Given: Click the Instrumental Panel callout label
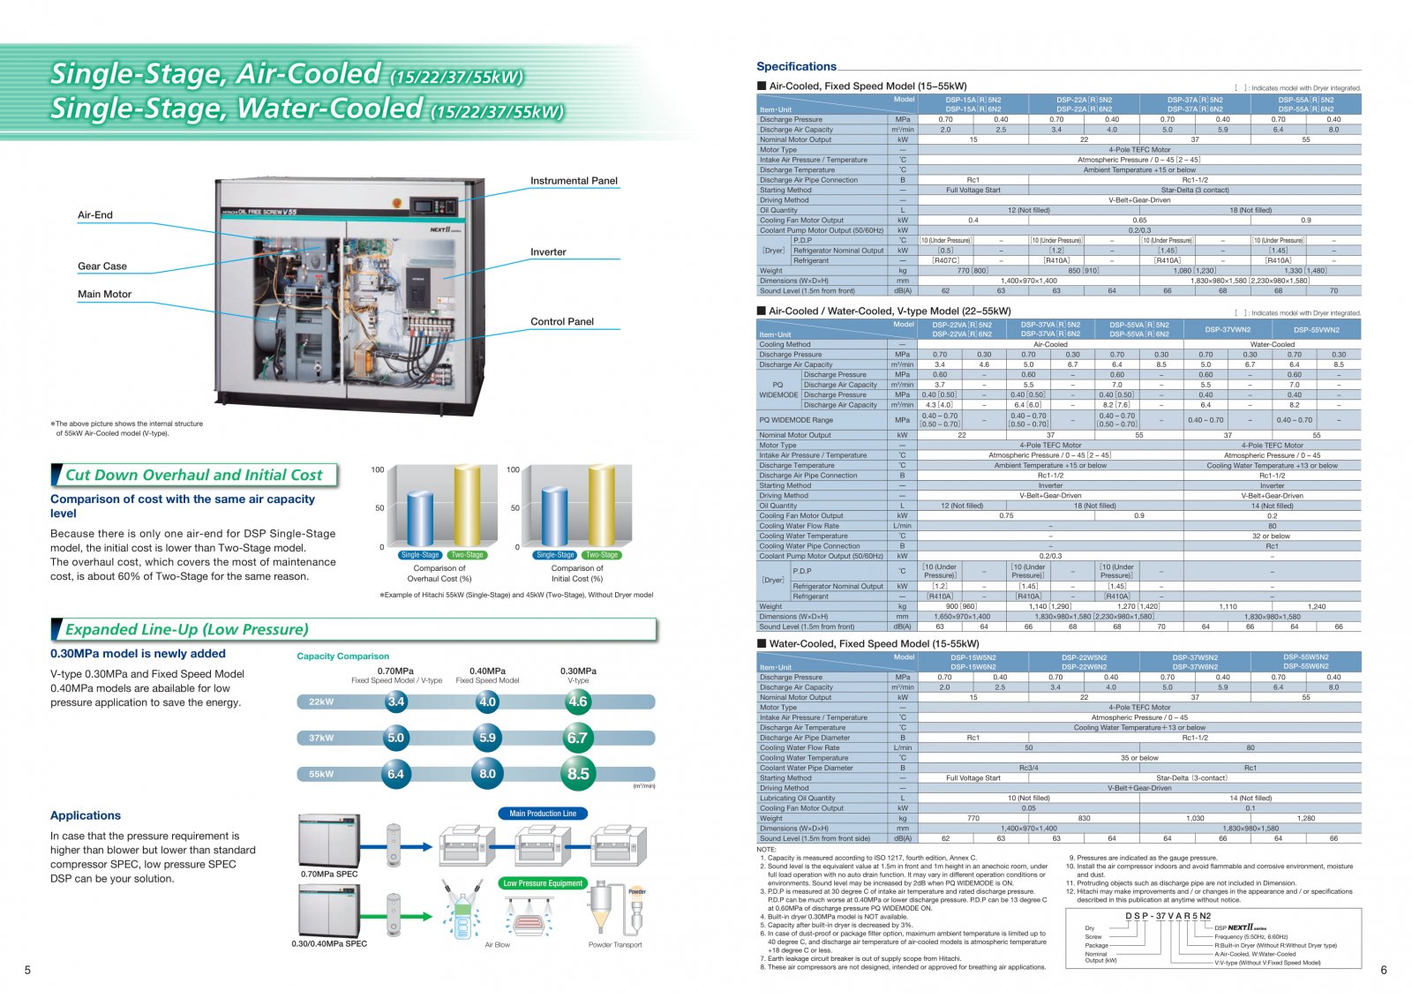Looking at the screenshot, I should point(574,181).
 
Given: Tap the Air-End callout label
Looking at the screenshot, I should point(95,215).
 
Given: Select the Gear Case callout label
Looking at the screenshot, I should point(102,266).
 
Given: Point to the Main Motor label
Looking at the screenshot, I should point(104,295).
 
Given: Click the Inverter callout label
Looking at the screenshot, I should point(548,252).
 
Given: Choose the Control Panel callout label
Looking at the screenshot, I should point(562,322).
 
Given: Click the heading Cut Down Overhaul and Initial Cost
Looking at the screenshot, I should point(194,475).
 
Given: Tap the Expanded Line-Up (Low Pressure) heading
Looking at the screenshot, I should point(187,629).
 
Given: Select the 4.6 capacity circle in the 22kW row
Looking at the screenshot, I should point(577,702).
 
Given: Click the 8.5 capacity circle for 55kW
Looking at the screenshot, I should point(578,774).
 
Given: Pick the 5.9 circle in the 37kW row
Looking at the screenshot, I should point(487,738).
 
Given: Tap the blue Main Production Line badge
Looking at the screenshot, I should point(543,814).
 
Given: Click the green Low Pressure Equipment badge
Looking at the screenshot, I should point(543,883).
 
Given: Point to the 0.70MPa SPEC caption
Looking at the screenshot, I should point(329,874).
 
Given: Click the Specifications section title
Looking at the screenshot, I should point(796,66).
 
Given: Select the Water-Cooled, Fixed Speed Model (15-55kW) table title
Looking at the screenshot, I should point(874,644).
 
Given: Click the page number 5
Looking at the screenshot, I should point(27,970).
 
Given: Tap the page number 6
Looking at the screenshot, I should point(1383,970).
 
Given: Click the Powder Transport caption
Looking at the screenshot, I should point(615,945).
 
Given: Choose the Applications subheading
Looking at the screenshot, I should point(86,815).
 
